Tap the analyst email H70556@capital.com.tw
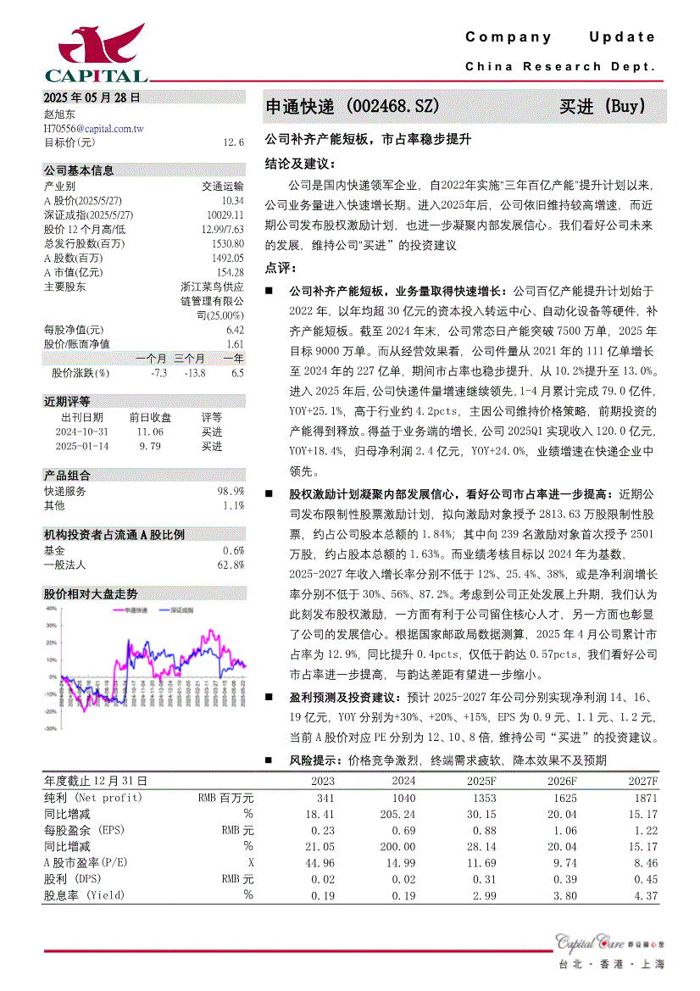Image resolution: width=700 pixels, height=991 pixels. pyautogui.click(x=94, y=128)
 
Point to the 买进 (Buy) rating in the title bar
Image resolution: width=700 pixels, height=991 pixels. pyautogui.click(x=603, y=107)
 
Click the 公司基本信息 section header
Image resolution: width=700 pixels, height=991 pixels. pyautogui.click(x=79, y=170)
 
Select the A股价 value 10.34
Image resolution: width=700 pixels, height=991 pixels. pyautogui.click(x=232, y=200)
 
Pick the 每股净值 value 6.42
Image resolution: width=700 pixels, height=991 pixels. pyautogui.click(x=235, y=330)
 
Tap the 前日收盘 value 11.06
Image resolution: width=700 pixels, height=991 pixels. pyautogui.click(x=150, y=431)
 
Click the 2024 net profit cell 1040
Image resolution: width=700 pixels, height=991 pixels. pyautogui.click(x=403, y=798)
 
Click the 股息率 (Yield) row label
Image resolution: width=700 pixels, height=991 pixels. pyautogui.click(x=84, y=895)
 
